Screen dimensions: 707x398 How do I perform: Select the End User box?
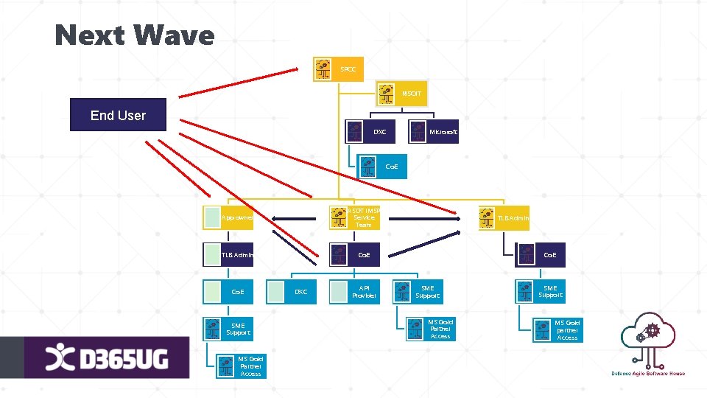coord(118,115)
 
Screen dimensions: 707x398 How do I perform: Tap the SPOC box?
coord(338,69)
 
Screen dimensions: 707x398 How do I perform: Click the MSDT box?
coord(402,94)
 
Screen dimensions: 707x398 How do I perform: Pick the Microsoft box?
coord(435,132)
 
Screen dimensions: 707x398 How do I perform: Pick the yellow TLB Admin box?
coord(504,217)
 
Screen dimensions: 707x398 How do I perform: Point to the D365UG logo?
coord(108,358)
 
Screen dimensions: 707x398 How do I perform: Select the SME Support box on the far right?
coord(541,292)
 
